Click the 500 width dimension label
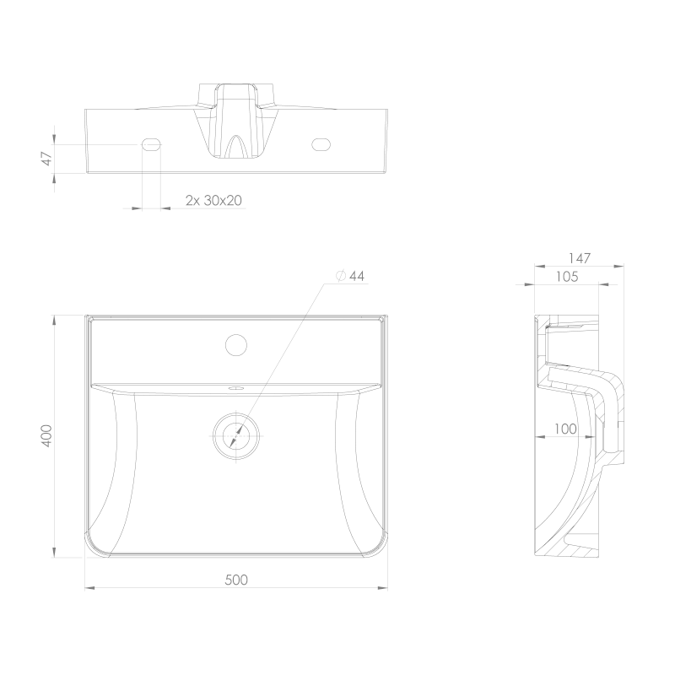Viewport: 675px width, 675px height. point(236,580)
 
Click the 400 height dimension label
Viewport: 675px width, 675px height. point(46,435)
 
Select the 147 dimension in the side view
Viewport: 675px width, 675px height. point(579,258)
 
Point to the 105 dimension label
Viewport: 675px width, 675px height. point(567,277)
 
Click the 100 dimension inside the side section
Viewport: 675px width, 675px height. point(565,429)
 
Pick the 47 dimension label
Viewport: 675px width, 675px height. point(47,159)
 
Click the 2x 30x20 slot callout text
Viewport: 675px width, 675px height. point(213,200)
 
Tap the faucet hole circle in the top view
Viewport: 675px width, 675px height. point(236,345)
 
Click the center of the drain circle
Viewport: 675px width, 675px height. point(236,435)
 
